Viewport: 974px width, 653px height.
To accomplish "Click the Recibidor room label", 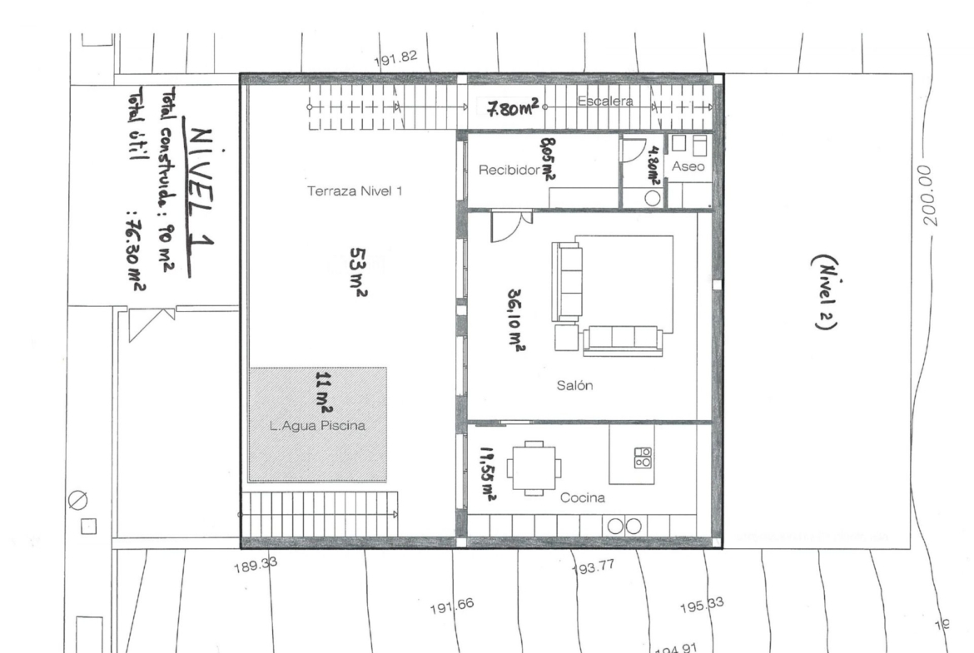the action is pyautogui.click(x=509, y=170).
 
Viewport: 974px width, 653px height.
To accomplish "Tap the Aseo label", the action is pyautogui.click(x=688, y=166).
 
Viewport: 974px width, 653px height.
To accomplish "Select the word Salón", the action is pyautogui.click(x=574, y=385).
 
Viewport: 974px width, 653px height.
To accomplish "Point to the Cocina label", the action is pyautogui.click(x=582, y=497).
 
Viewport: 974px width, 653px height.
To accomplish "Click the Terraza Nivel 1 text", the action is pyautogui.click(x=355, y=191).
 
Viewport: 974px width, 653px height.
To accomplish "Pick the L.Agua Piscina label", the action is pyautogui.click(x=317, y=426).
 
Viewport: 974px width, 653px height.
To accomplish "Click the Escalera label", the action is pyautogui.click(x=605, y=101).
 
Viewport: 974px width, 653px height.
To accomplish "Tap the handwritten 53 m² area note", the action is pyautogui.click(x=359, y=273).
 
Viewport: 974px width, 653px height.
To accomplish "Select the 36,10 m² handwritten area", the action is pyautogui.click(x=516, y=321).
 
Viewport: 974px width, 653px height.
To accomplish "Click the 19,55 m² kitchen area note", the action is pyautogui.click(x=488, y=474).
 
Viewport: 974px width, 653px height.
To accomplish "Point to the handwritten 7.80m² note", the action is pyautogui.click(x=512, y=109).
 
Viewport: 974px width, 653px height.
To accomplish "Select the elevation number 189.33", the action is pyautogui.click(x=256, y=565).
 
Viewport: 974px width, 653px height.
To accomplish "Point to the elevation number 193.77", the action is pyautogui.click(x=594, y=566).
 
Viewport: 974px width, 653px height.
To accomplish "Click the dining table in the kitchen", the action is pyautogui.click(x=534, y=468).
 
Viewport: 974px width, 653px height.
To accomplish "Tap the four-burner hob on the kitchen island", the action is pyautogui.click(x=643, y=458).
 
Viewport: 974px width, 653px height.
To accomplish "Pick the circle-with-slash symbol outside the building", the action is pyautogui.click(x=77, y=500).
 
